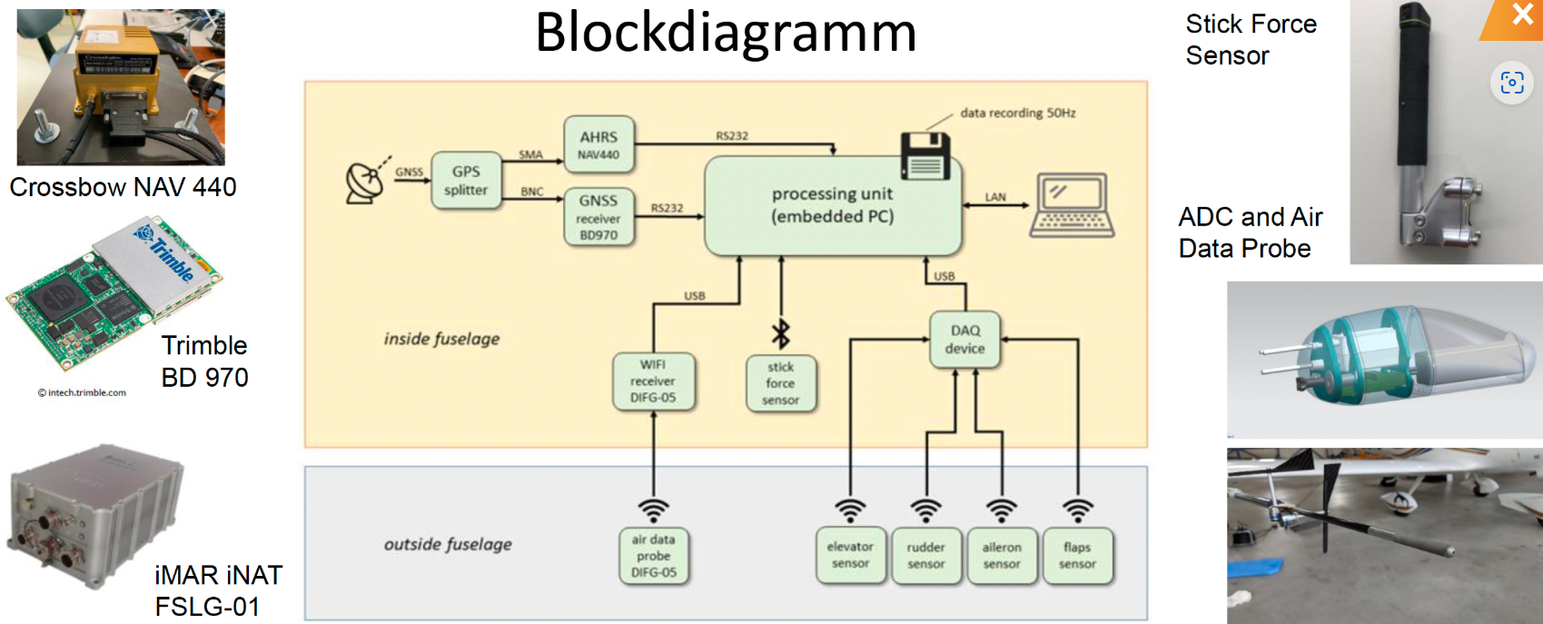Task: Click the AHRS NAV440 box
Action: [598, 144]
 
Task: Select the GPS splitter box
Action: [466, 181]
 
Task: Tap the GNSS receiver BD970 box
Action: [598, 217]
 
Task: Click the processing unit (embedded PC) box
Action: [832, 205]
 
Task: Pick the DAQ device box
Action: [964, 340]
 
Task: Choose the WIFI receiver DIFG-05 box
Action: [653, 381]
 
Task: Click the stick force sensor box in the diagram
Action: [780, 383]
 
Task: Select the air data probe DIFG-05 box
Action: [653, 556]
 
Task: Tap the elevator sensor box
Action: [850, 555]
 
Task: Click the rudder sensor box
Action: [925, 555]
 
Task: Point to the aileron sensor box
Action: [1001, 555]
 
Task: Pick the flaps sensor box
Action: [1077, 555]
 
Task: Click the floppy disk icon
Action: [925, 156]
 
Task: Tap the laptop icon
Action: [1073, 205]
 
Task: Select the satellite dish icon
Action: [365, 181]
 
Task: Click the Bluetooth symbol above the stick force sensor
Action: [780, 333]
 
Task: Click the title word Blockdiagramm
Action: [726, 34]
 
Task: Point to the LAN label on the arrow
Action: [995, 197]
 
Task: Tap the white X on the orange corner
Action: [1522, 15]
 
